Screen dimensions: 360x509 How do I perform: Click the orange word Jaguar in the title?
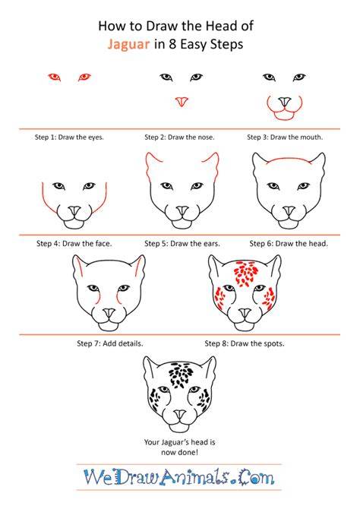(x=128, y=45)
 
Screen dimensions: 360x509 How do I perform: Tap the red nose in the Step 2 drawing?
(x=182, y=102)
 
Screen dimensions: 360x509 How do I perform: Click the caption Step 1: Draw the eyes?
(x=69, y=138)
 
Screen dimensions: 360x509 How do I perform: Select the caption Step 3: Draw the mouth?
(x=285, y=138)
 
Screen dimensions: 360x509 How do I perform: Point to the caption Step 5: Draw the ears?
(x=182, y=243)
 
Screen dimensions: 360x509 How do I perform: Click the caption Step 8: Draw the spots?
(x=245, y=343)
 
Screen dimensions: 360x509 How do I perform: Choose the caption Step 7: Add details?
(x=110, y=343)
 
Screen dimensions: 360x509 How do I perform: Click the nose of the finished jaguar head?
(x=179, y=416)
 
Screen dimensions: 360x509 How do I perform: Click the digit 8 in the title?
(x=172, y=44)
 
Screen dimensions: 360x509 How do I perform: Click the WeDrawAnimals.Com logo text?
(x=179, y=477)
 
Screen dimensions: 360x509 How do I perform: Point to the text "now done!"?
(x=179, y=452)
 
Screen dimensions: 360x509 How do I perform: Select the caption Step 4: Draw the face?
(x=74, y=243)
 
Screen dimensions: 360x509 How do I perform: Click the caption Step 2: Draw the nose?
(x=179, y=138)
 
